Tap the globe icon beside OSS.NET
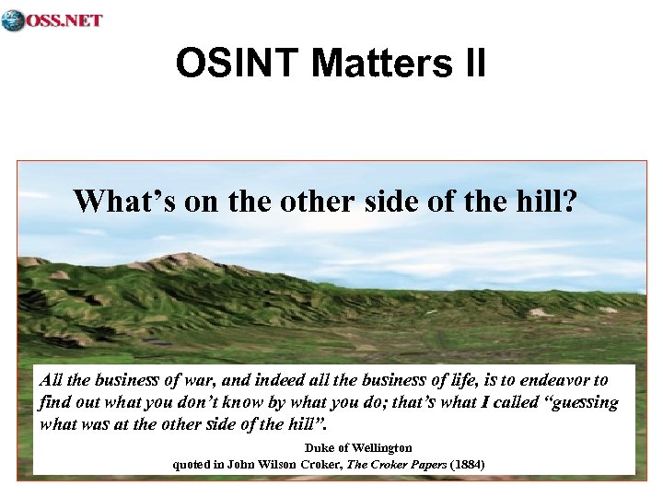(13, 19)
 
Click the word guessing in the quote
(583, 403)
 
